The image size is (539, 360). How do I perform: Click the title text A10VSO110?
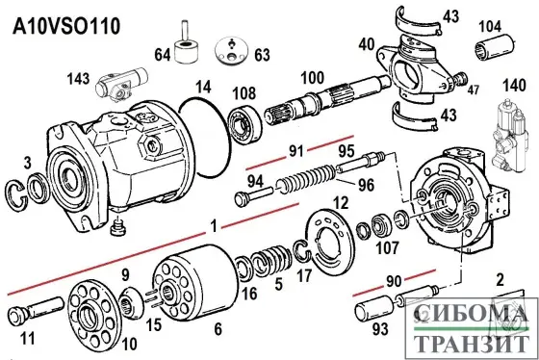[66, 24]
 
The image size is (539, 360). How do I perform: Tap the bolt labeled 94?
[247, 199]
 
